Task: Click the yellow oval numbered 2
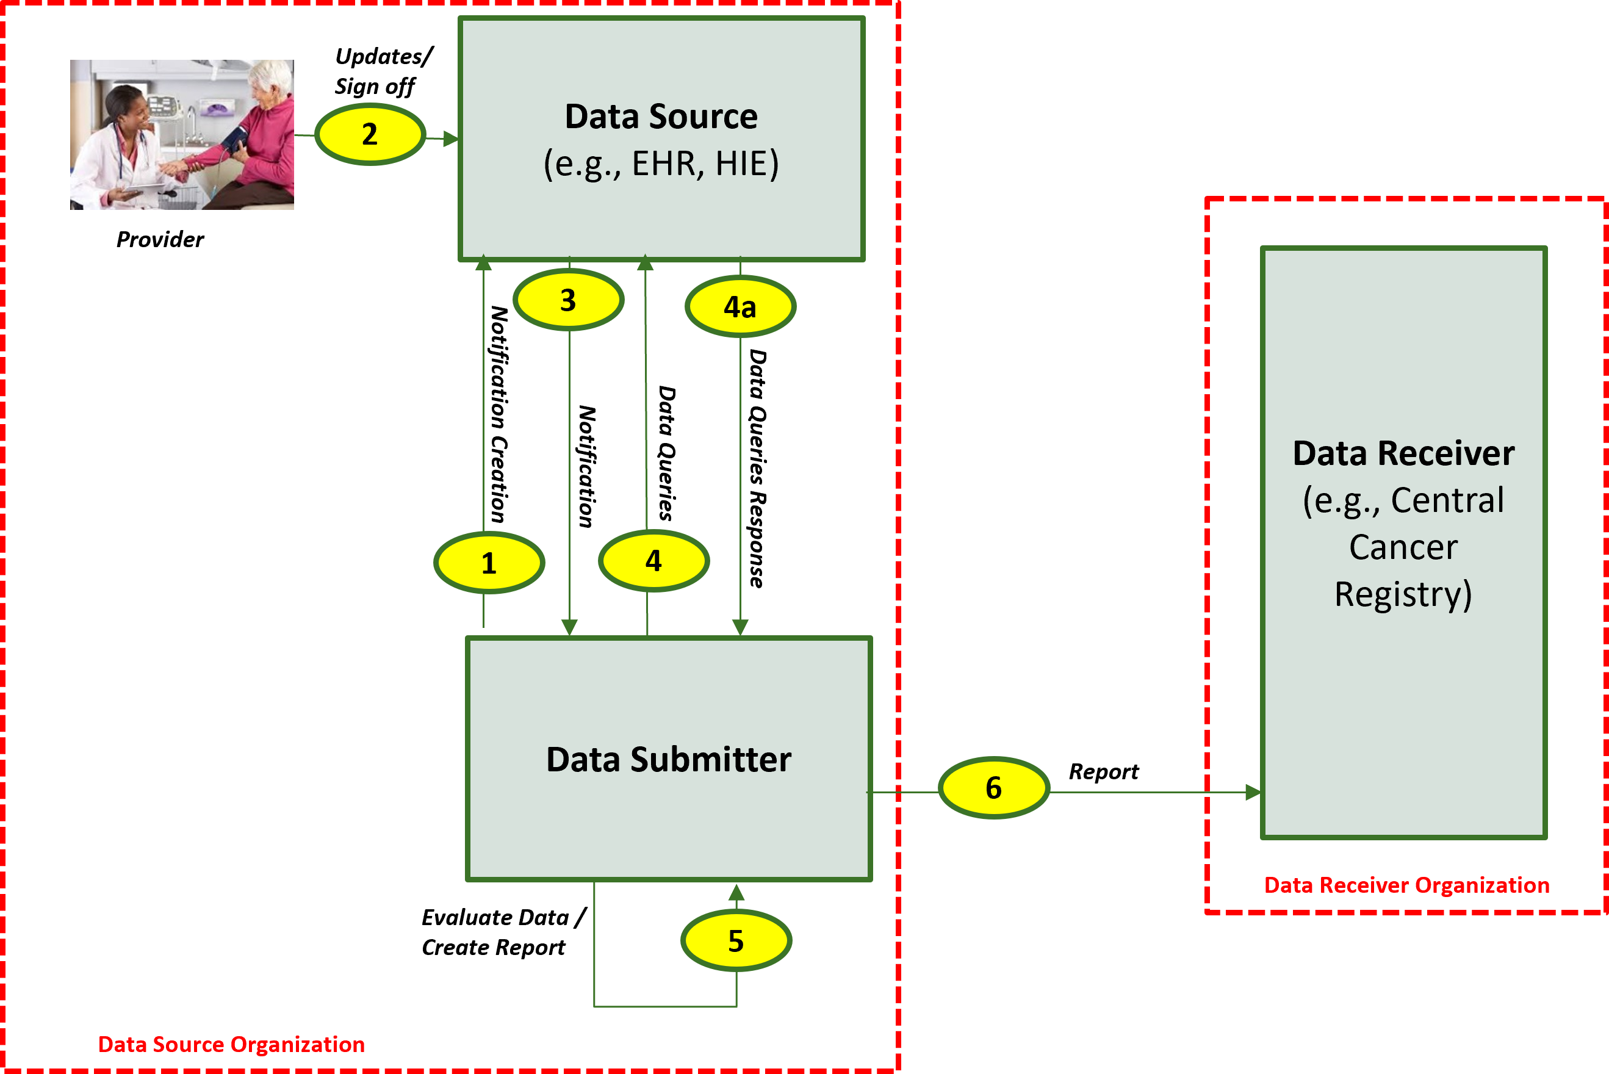tap(370, 134)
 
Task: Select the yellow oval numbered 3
tap(568, 300)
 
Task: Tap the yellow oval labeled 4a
tap(740, 306)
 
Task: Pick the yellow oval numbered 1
tap(489, 563)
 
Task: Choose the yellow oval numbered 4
tap(654, 561)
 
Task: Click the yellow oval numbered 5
tap(736, 940)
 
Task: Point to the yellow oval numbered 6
tap(993, 788)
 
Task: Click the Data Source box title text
tap(661, 117)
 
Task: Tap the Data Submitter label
tap(668, 759)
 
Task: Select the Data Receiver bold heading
tap(1403, 453)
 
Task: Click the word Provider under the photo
tap(159, 240)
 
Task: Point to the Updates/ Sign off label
tap(382, 71)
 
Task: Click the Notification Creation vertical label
tap(499, 414)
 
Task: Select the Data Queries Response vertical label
tap(757, 469)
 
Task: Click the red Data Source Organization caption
tap(231, 1045)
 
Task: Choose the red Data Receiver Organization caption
tap(1406, 885)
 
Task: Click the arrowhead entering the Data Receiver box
tap(1252, 793)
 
